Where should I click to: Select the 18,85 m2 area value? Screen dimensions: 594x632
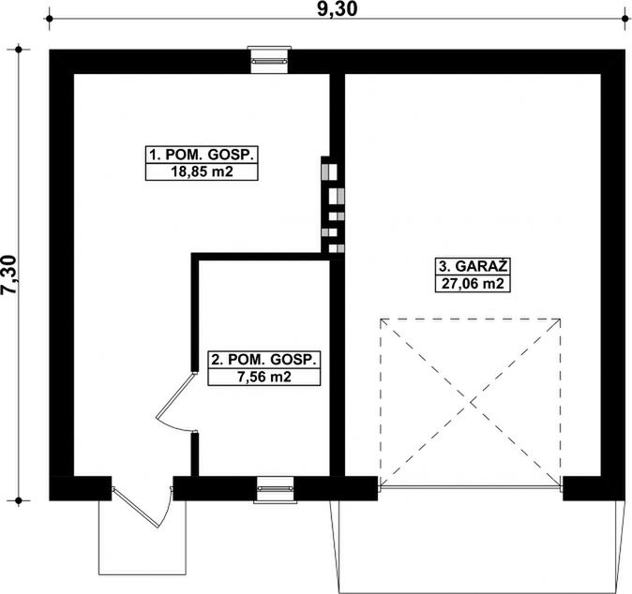pyautogui.click(x=201, y=172)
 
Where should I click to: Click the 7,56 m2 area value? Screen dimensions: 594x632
pyautogui.click(x=264, y=378)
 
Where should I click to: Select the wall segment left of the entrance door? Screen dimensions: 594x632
pyautogui.click(x=80, y=488)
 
